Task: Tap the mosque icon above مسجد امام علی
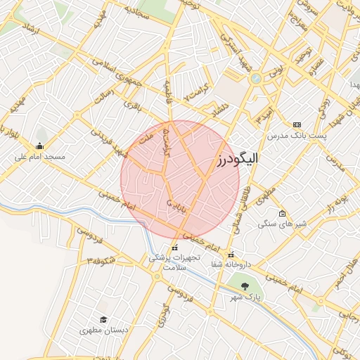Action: coord(39,146)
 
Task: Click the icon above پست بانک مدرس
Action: coord(297,124)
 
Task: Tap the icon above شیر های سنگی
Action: coord(282,213)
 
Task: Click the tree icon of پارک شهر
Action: coord(245,285)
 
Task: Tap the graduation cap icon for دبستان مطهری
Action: coord(103,320)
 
